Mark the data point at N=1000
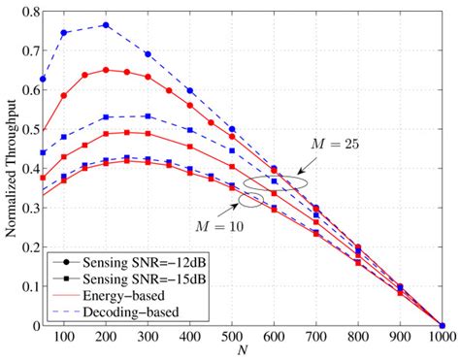(x=442, y=326)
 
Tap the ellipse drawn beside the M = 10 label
(x=249, y=200)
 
